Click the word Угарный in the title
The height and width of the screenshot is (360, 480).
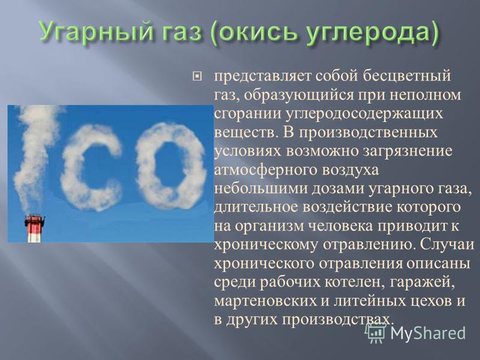[x=94, y=32]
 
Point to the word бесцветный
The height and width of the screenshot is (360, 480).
[x=407, y=76]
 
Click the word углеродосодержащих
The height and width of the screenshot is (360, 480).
[x=364, y=114]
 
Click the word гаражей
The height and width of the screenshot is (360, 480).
[x=421, y=283]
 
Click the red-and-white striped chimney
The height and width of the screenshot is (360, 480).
[x=34, y=229]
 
